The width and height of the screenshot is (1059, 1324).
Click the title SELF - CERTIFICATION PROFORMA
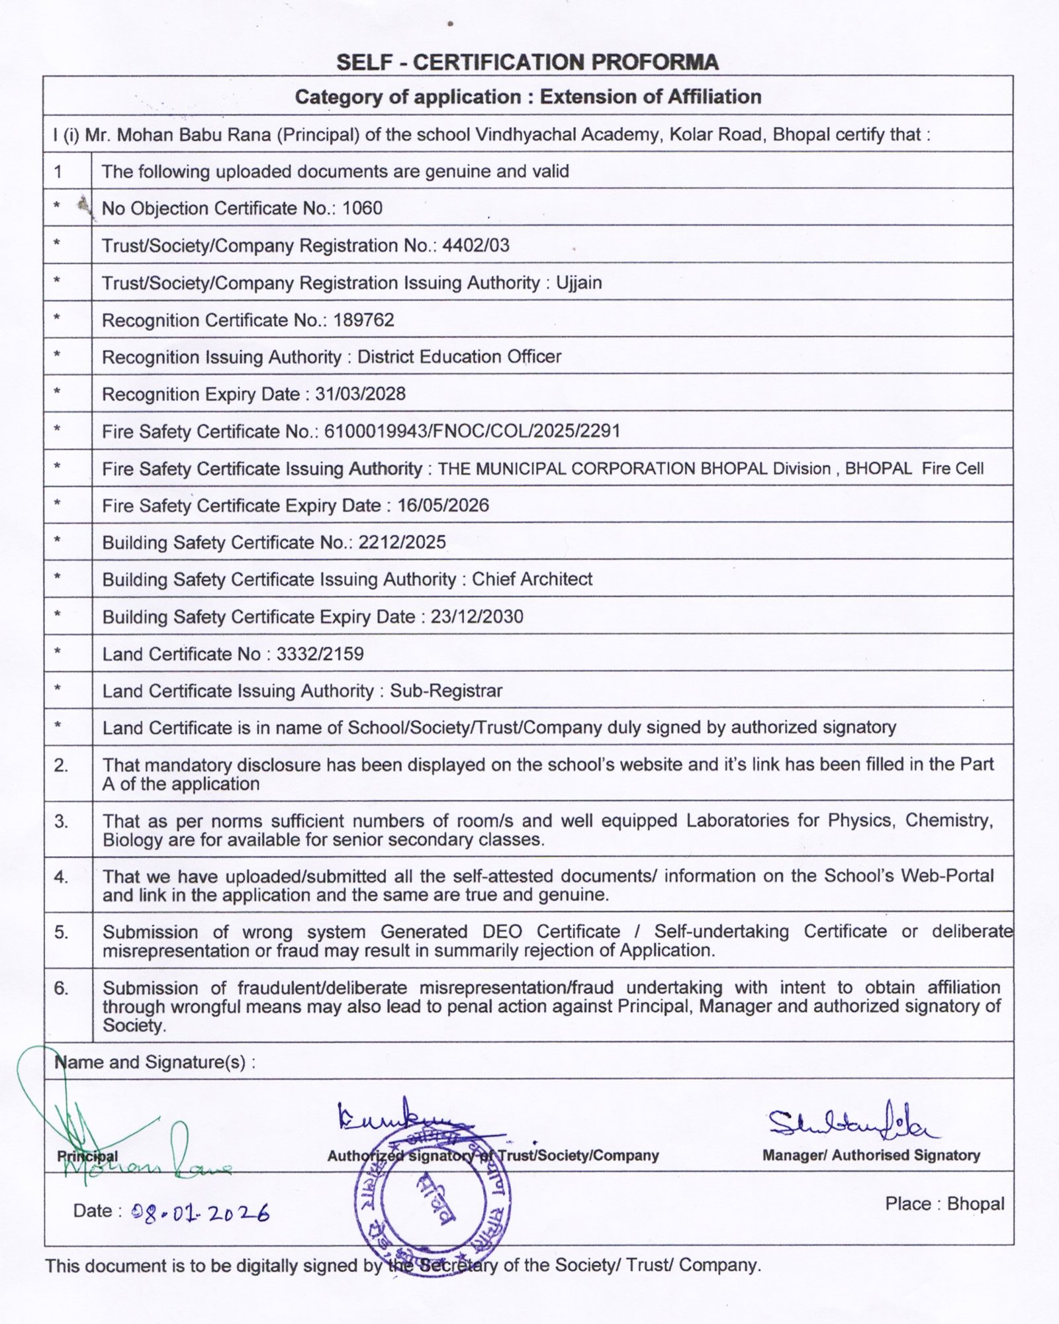coord(527,62)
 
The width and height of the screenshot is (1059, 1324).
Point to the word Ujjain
coord(578,283)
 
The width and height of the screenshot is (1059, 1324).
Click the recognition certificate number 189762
coord(363,320)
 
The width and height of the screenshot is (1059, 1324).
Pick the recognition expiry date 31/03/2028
coord(360,395)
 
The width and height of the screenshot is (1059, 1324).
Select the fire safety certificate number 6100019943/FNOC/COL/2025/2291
coord(472,432)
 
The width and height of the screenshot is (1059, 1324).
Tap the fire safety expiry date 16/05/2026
coord(443,506)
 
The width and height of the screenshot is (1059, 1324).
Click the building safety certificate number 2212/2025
coord(402,543)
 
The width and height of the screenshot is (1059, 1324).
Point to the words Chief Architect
coord(531,580)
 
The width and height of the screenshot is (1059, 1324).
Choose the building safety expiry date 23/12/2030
coord(477,617)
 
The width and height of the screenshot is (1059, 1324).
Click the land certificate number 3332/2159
coord(320,654)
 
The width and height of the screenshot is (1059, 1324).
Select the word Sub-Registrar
coord(445,691)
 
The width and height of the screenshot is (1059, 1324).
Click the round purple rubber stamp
coord(434,1202)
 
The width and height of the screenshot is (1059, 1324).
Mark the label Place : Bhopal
coord(944,1204)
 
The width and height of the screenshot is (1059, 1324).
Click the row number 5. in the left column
coord(61,933)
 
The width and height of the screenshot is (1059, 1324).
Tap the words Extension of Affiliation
coord(650,97)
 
